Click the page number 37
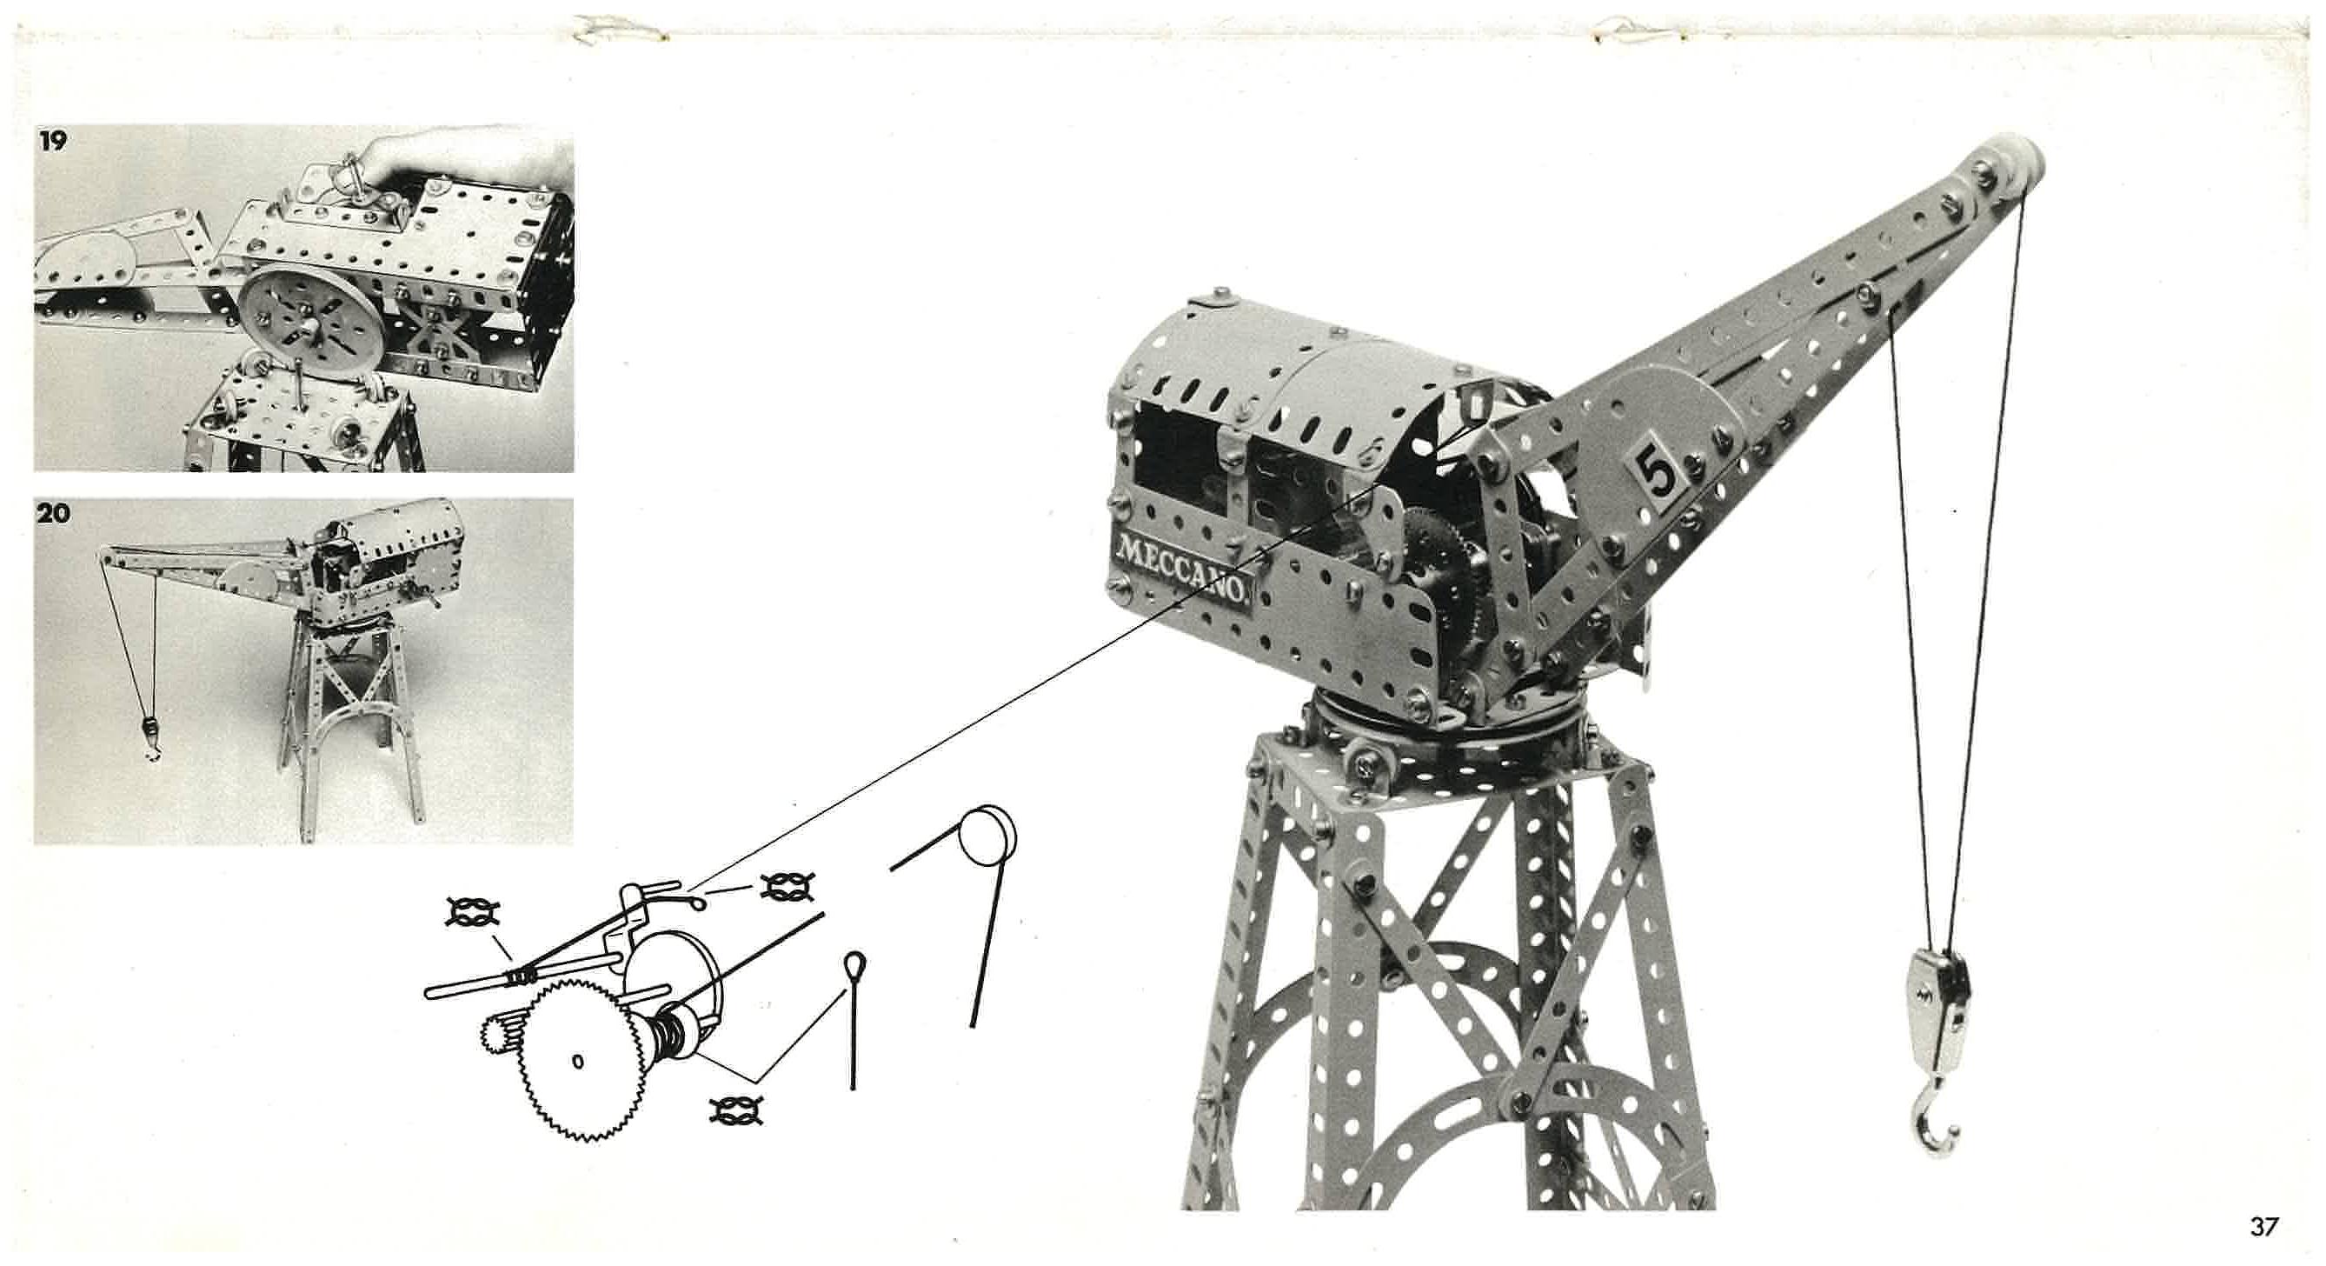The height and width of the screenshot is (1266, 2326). coord(2264,1226)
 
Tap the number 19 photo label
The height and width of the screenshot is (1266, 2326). coord(53,142)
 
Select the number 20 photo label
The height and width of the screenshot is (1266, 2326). coord(53,513)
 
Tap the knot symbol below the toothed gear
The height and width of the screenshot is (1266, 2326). coord(737,1110)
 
